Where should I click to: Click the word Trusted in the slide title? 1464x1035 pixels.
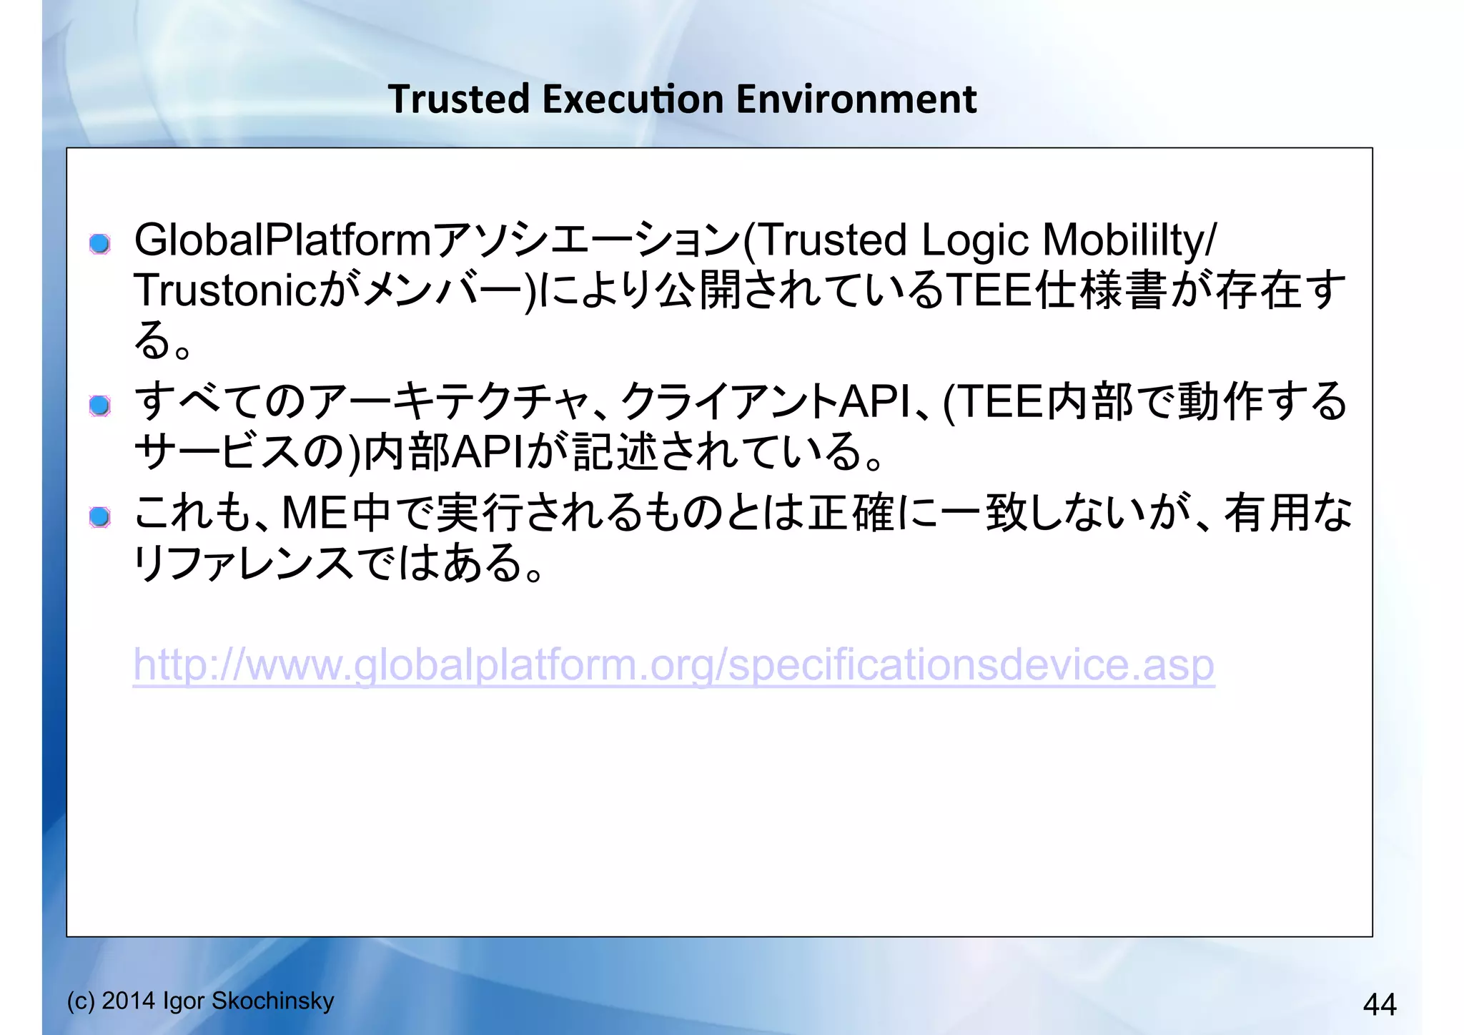[459, 99]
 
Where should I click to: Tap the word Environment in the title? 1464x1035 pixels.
[856, 99]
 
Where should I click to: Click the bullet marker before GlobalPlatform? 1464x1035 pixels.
[100, 244]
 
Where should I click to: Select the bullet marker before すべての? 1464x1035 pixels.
[100, 406]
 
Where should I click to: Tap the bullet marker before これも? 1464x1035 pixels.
[100, 516]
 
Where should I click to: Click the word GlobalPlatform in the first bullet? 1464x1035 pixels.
[282, 240]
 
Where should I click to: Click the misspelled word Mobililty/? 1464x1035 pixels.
[1129, 240]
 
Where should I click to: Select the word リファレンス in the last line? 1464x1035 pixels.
[243, 563]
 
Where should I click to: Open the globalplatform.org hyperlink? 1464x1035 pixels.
[673, 665]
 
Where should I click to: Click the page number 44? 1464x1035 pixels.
[1379, 1004]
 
